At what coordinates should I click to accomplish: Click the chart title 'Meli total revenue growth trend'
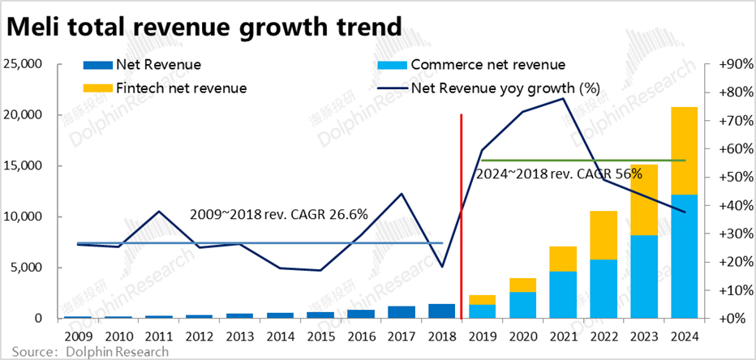click(204, 27)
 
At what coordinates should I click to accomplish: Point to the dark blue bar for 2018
click(440, 311)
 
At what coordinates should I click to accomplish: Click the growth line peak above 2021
click(561, 99)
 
